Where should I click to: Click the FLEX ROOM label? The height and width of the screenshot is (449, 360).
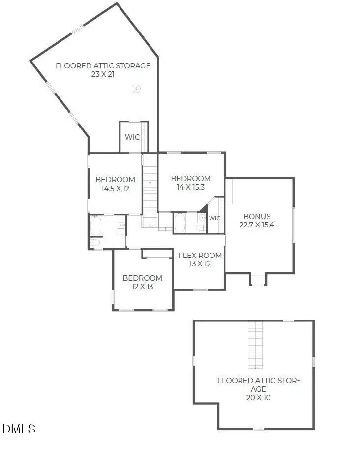[200, 256]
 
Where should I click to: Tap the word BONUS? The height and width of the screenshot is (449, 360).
[257, 216]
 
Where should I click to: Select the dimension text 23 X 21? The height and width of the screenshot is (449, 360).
[103, 74]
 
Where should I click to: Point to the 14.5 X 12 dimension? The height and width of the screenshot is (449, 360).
[115, 188]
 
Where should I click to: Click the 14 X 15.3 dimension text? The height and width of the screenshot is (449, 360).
[190, 187]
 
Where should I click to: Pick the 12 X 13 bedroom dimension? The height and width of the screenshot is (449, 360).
[142, 286]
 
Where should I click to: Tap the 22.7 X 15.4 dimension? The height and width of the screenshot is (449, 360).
[257, 224]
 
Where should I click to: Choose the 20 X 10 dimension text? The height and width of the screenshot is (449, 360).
[258, 397]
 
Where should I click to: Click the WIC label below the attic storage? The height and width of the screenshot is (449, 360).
[132, 137]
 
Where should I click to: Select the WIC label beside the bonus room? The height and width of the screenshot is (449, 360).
[214, 218]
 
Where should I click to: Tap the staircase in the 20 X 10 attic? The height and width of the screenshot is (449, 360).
[255, 345]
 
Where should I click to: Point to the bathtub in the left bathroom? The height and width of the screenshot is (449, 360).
[96, 226]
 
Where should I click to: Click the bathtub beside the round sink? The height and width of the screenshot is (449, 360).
[180, 223]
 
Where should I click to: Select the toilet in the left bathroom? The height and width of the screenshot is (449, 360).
[95, 243]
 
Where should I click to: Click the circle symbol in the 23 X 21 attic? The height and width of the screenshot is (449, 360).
[136, 89]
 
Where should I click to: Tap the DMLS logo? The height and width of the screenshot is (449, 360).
[19, 429]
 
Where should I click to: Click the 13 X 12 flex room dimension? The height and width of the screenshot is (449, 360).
[200, 264]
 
